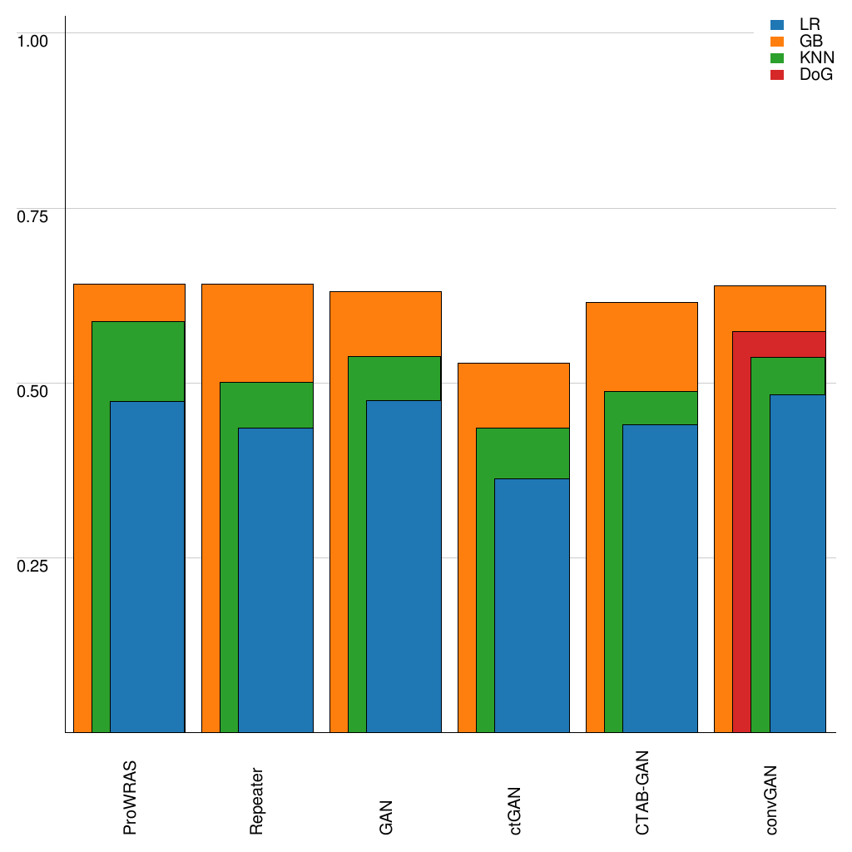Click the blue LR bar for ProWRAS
coord(147,566)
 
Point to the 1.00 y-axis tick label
coord(33,41)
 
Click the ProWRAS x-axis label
coord(130,797)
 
